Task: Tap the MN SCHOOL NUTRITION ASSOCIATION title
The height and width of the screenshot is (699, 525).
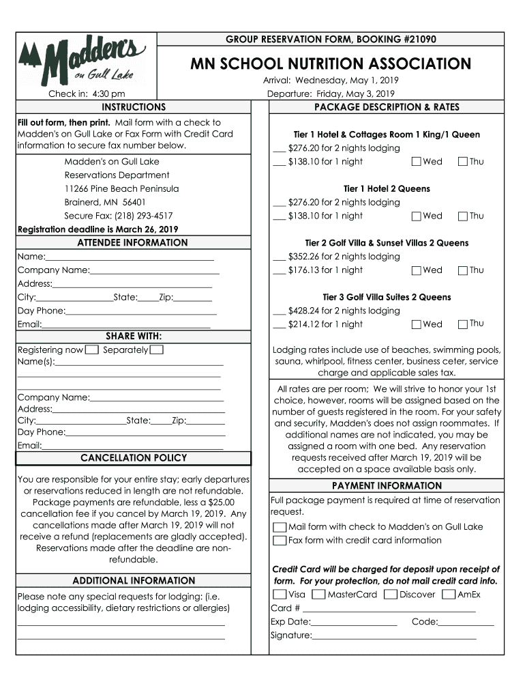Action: coord(330,64)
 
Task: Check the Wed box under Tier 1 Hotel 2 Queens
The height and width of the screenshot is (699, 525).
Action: coord(417,216)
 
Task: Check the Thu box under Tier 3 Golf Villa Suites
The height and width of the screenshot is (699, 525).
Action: coord(463,324)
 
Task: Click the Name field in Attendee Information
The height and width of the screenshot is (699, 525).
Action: coord(130,257)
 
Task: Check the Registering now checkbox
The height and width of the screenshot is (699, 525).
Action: coord(92,350)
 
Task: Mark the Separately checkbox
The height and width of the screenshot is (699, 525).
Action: coord(156,350)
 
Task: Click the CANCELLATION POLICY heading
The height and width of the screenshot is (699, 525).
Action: coord(134,458)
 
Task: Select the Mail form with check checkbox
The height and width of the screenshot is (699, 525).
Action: coord(280,527)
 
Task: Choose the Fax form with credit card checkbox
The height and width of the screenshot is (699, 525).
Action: coord(280,541)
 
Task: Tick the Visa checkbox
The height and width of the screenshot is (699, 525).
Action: coord(280,595)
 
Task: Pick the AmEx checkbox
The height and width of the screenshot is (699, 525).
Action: coord(449,595)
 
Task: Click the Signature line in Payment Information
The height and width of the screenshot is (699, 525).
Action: coord(394,636)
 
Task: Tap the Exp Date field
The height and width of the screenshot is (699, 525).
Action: coord(354,622)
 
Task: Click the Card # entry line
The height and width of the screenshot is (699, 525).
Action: coord(388,608)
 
